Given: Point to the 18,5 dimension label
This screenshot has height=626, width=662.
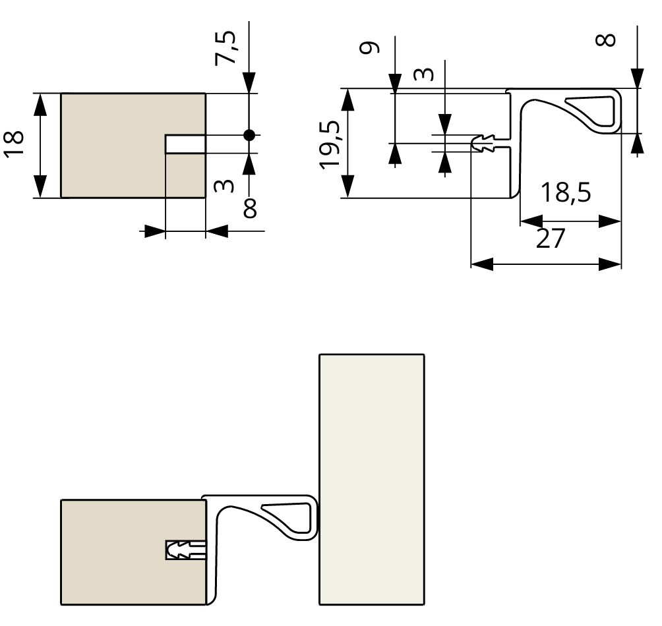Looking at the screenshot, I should click(566, 193).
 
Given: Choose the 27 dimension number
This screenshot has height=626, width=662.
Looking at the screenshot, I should click(551, 239).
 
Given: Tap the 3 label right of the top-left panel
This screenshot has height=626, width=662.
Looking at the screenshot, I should click(226, 186).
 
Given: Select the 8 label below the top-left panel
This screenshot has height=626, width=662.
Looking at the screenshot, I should click(250, 209).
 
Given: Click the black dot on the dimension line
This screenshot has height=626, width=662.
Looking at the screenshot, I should click(249, 135).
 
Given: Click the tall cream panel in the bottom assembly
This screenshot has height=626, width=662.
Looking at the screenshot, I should click(371, 479).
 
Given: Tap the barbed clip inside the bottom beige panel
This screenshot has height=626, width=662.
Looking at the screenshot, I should click(186, 550).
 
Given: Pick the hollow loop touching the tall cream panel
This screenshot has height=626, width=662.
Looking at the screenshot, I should click(288, 514).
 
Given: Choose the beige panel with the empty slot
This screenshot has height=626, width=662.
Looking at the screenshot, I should click(112, 145).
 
